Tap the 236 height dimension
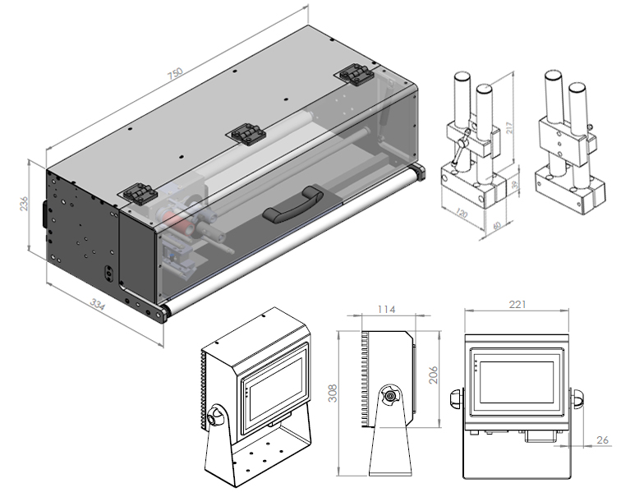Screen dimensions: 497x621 click(25, 203)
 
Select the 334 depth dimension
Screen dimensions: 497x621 click(97, 306)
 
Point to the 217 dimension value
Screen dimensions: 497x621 click(510, 128)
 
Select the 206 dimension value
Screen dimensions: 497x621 click(433, 375)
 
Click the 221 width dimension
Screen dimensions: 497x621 click(517, 305)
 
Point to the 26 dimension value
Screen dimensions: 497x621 click(602, 440)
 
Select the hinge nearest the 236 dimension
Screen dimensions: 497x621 click(139, 194)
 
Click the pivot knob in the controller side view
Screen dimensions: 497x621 click(389, 397)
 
